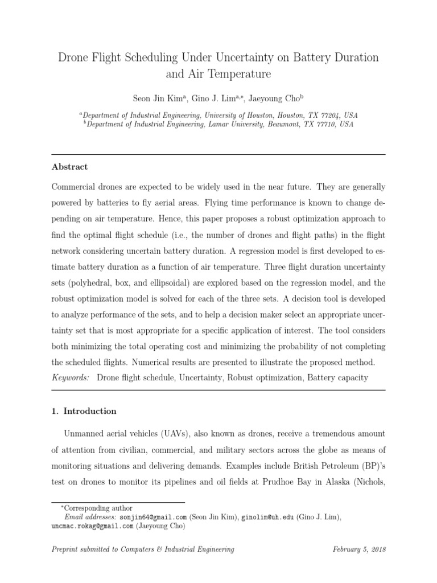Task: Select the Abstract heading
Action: pos(70,167)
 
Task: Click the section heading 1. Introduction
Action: pos(84,410)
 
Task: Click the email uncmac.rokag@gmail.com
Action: pos(92,526)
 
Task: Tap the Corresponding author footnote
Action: pos(98,508)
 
